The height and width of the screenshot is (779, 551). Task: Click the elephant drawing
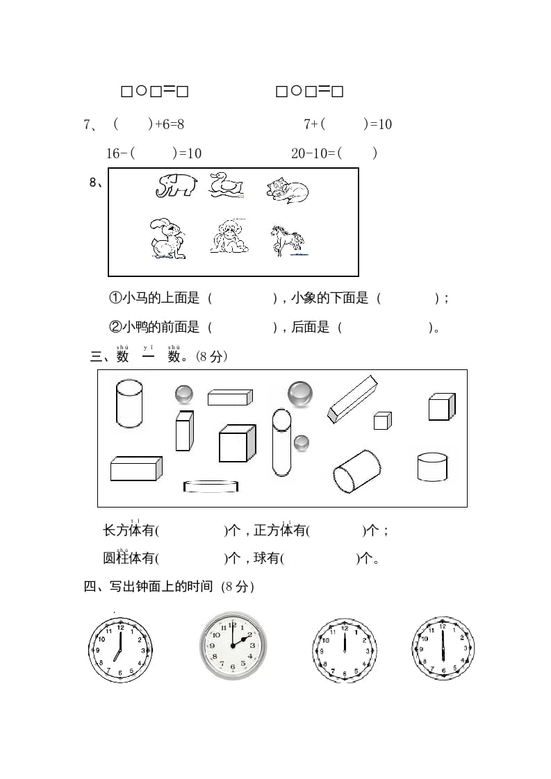click(176, 185)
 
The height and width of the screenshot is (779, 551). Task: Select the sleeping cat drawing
click(287, 190)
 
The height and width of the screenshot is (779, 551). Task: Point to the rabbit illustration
click(167, 239)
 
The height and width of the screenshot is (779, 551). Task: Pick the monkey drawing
click(229, 237)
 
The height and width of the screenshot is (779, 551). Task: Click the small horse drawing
click(287, 240)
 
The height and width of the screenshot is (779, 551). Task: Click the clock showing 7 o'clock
click(120, 649)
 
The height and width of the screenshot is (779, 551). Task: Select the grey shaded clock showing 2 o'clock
click(233, 645)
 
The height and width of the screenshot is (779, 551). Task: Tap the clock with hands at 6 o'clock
click(443, 649)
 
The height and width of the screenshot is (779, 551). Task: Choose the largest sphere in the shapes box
click(300, 394)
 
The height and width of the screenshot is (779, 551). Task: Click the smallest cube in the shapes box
click(382, 421)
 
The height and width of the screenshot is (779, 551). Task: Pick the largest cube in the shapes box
click(236, 443)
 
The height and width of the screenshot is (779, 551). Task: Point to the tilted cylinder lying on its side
click(356, 472)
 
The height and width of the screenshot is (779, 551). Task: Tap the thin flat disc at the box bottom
click(211, 486)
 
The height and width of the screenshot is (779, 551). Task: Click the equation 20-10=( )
click(334, 153)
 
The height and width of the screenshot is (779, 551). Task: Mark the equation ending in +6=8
click(148, 124)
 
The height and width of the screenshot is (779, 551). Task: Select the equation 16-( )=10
click(154, 153)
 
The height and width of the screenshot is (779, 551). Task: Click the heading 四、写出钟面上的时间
click(169, 587)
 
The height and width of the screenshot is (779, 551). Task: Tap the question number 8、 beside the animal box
click(97, 183)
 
